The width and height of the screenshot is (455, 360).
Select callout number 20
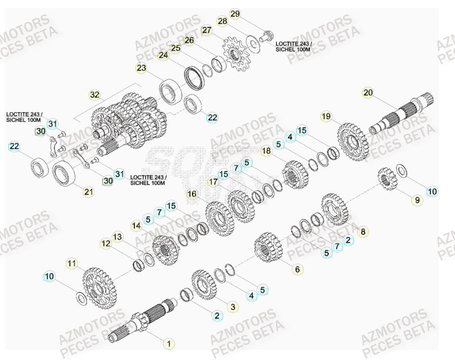[x=368, y=93]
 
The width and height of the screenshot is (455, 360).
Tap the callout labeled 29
[x=235, y=14]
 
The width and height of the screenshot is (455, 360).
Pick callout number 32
[x=95, y=95]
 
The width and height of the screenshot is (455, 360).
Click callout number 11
[x=72, y=263]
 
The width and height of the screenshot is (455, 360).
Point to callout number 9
[x=417, y=200]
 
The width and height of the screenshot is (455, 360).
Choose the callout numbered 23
[x=141, y=68]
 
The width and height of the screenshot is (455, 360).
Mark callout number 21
[x=89, y=192]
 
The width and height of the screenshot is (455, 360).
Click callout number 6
[x=297, y=269]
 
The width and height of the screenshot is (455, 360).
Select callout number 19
[x=326, y=117]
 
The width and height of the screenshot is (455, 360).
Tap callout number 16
[x=192, y=194]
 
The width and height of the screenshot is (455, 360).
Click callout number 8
[x=362, y=232]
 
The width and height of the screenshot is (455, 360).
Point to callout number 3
[x=233, y=306]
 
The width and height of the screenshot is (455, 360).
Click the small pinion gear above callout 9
[x=386, y=178]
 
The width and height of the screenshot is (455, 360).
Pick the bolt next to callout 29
[x=266, y=36]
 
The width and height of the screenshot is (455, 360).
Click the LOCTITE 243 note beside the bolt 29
[x=294, y=47]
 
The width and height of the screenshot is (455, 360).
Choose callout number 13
[x=117, y=237]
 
